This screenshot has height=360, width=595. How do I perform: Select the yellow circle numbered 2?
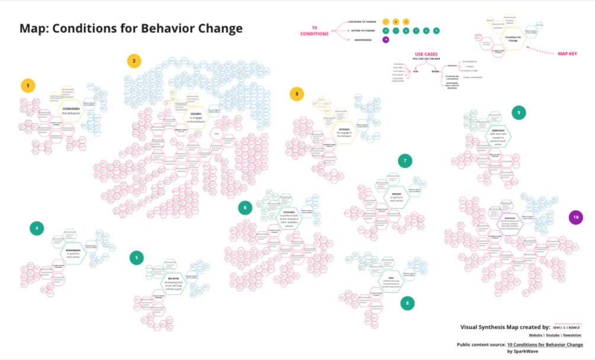[134, 60]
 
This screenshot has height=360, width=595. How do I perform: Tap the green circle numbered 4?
[37, 228]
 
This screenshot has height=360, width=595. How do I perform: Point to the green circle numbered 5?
[137, 258]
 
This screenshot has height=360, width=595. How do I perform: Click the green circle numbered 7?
[405, 160]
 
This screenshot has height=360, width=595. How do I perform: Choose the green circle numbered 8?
[407, 303]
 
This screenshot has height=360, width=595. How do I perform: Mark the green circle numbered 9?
[519, 112]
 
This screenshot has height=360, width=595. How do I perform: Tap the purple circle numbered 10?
[575, 218]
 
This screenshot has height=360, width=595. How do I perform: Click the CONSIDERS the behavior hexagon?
[70, 110]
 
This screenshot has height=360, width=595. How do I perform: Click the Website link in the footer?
[536, 335]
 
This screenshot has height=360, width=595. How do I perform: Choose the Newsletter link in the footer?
[573, 335]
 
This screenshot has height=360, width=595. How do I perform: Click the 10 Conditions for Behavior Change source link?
[545, 344]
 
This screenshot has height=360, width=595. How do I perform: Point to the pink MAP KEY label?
[567, 54]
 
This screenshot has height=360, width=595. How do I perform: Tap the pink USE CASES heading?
[426, 54]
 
